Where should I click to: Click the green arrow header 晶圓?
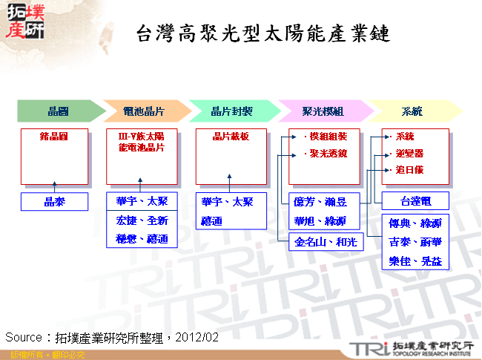coord(58,111)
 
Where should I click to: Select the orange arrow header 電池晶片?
coord(144,111)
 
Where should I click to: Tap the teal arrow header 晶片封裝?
coord(231,111)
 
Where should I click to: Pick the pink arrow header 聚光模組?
coord(323,111)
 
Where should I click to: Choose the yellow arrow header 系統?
coord(412,111)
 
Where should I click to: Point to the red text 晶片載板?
coord(231,137)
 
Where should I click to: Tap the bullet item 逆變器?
coord(409,154)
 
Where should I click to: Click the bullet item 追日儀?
coord(409,170)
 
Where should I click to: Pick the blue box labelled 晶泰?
coord(54,201)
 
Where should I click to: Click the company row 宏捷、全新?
coord(142,220)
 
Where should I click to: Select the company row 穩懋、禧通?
coord(142,238)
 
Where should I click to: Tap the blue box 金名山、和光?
coord(326,241)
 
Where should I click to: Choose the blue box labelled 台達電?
coord(415,201)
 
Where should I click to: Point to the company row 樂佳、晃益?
coord(415,261)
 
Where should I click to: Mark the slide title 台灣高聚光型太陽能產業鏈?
coord(263,34)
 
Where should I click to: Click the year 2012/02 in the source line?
coord(199,336)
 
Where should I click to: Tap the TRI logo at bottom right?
coord(366,347)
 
